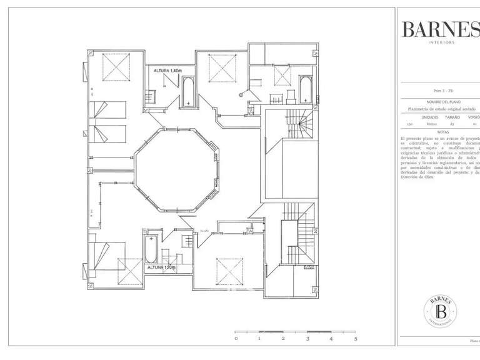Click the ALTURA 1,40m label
pyautogui.click(x=167, y=71)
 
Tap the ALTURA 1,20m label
pyautogui.click(x=162, y=267)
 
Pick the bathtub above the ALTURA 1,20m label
pyautogui.click(x=151, y=248)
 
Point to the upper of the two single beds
pyautogui.click(x=108, y=110)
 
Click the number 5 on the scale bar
pyautogui.click(x=355, y=338)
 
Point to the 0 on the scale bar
pyautogui.click(x=236, y=338)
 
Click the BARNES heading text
pyautogui.click(x=440, y=28)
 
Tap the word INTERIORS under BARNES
pyautogui.click(x=441, y=42)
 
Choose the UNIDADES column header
pyautogui.click(x=429, y=117)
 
